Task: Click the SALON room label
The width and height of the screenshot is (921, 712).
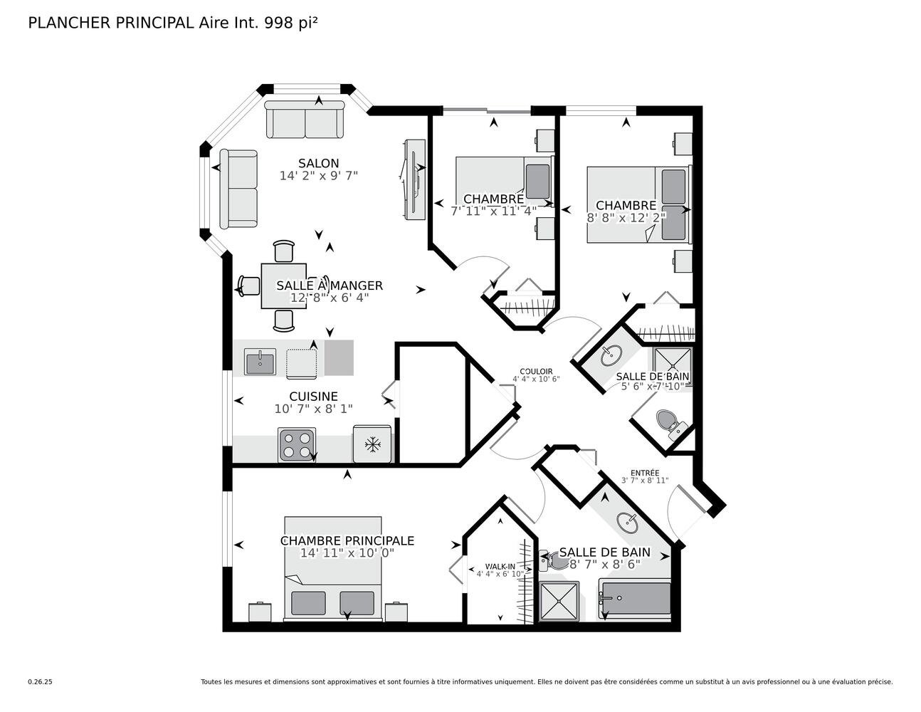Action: pyautogui.click(x=318, y=164)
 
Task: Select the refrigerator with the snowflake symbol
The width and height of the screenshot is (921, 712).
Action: pyautogui.click(x=372, y=445)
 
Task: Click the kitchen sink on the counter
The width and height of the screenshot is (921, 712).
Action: pyautogui.click(x=260, y=362)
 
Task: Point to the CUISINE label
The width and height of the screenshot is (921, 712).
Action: pyautogui.click(x=313, y=397)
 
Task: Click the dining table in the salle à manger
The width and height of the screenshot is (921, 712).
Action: pyautogui.click(x=283, y=286)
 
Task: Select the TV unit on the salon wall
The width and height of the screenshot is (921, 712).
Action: pyautogui.click(x=414, y=179)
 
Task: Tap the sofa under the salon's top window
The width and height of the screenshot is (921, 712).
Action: pyautogui.click(x=305, y=120)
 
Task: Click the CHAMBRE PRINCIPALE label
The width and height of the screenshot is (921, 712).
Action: pyautogui.click(x=347, y=541)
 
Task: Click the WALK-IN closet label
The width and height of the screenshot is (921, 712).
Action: pyautogui.click(x=500, y=566)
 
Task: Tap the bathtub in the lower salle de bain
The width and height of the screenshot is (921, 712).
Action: pyautogui.click(x=635, y=599)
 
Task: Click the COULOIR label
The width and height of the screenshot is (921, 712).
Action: pyautogui.click(x=536, y=371)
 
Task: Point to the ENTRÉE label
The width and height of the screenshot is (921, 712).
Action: pyautogui.click(x=644, y=473)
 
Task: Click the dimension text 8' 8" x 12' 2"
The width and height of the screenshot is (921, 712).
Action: pyautogui.click(x=626, y=218)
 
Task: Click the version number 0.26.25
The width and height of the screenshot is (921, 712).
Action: pyautogui.click(x=40, y=681)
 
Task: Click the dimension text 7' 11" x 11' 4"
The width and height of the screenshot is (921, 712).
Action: pyautogui.click(x=493, y=211)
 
